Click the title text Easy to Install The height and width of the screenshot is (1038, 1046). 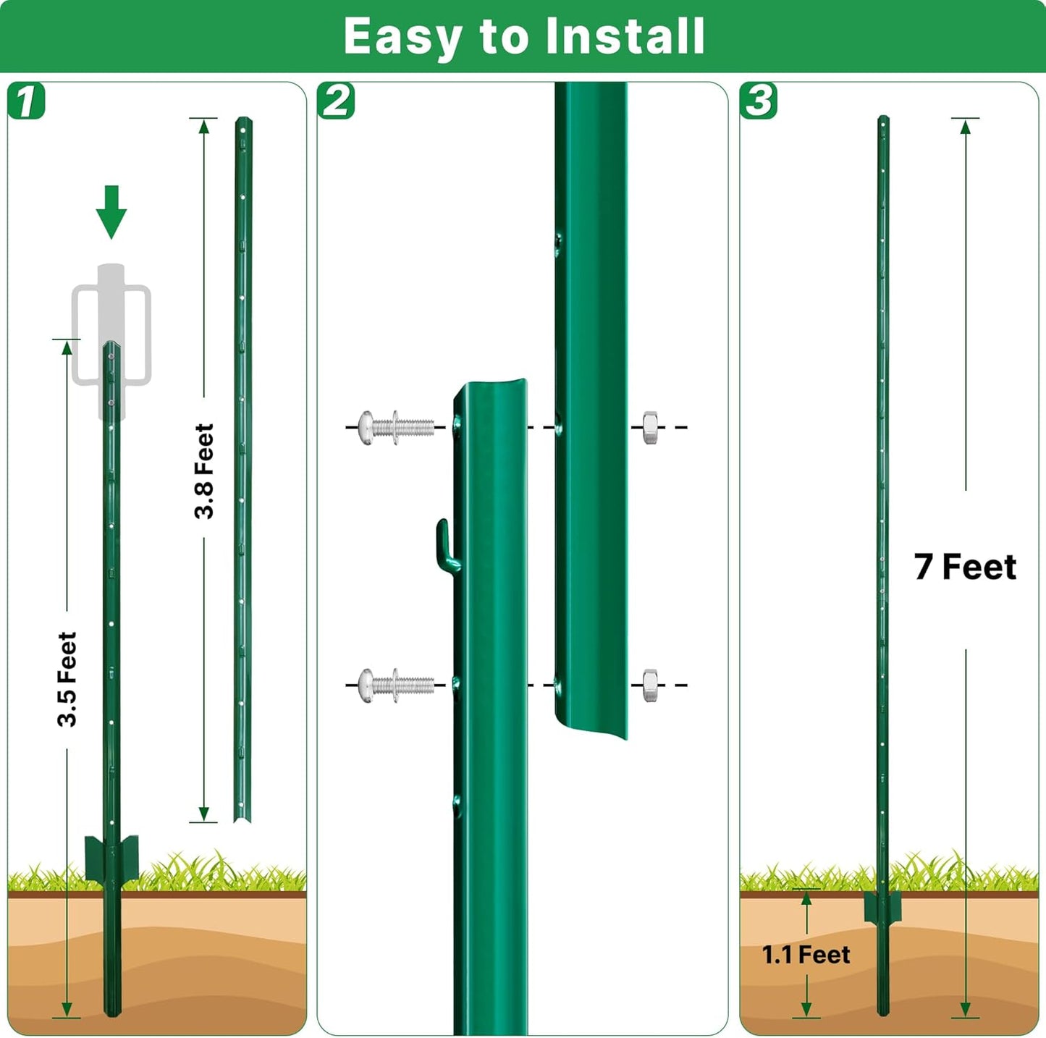pos(523,36)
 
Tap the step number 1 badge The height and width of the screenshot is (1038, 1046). pos(27,101)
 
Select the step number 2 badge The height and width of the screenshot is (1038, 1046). pos(336,101)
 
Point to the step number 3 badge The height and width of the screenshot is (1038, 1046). pos(759,101)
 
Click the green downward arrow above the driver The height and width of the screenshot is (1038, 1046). pos(111,212)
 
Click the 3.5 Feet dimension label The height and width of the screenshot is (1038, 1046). pos(67,679)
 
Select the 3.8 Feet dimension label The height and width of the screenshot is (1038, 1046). pos(204,471)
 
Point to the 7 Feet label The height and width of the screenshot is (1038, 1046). pos(965,567)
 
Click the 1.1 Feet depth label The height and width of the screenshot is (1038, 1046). pos(806,955)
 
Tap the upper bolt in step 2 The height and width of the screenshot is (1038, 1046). pos(396,427)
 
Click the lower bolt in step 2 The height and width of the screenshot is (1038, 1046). pos(396,685)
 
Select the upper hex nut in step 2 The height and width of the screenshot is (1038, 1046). pos(650,427)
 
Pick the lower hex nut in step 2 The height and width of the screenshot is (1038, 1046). pos(650,685)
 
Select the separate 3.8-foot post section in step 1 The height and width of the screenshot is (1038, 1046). pos(242,471)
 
